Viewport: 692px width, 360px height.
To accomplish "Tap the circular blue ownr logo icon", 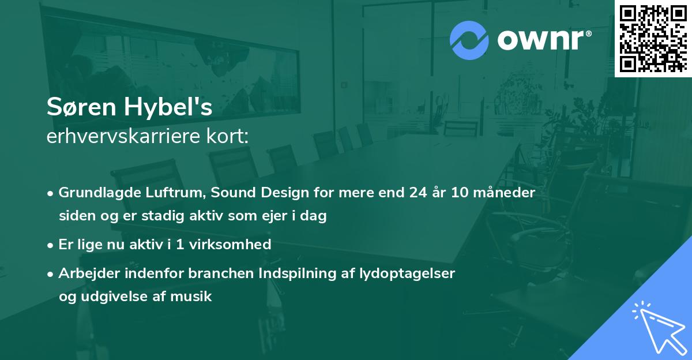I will tap(469, 40).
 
